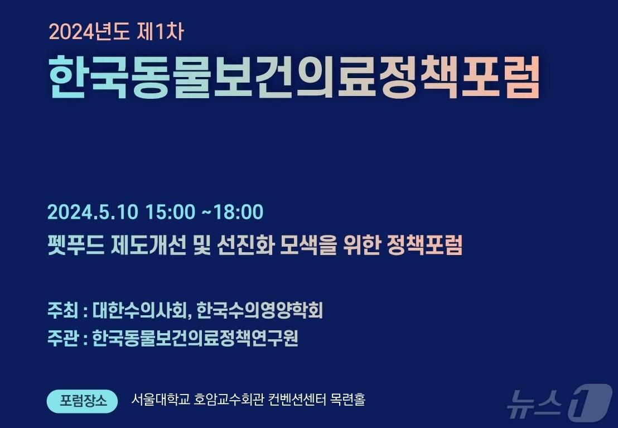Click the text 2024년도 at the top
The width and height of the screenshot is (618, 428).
pyautogui.click(x=89, y=32)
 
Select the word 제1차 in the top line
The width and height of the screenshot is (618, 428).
pyautogui.click(x=160, y=32)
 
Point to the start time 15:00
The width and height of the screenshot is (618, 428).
pyautogui.click(x=170, y=212)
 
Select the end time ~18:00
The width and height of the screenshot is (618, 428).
pyautogui.click(x=231, y=212)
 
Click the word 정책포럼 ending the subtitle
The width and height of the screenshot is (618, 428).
pyautogui.click(x=424, y=246)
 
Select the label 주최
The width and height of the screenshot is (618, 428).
pyautogui.click(x=62, y=310)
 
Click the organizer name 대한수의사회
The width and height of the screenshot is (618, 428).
pyautogui.click(x=142, y=310)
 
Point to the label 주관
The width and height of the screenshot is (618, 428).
pyautogui.click(x=62, y=338)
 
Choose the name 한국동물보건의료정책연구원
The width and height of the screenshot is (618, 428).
pyautogui.click(x=195, y=338)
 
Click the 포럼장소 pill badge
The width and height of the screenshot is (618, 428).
pyautogui.click(x=82, y=401)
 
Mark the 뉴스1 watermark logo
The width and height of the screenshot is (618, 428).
pyautogui.click(x=558, y=402)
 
